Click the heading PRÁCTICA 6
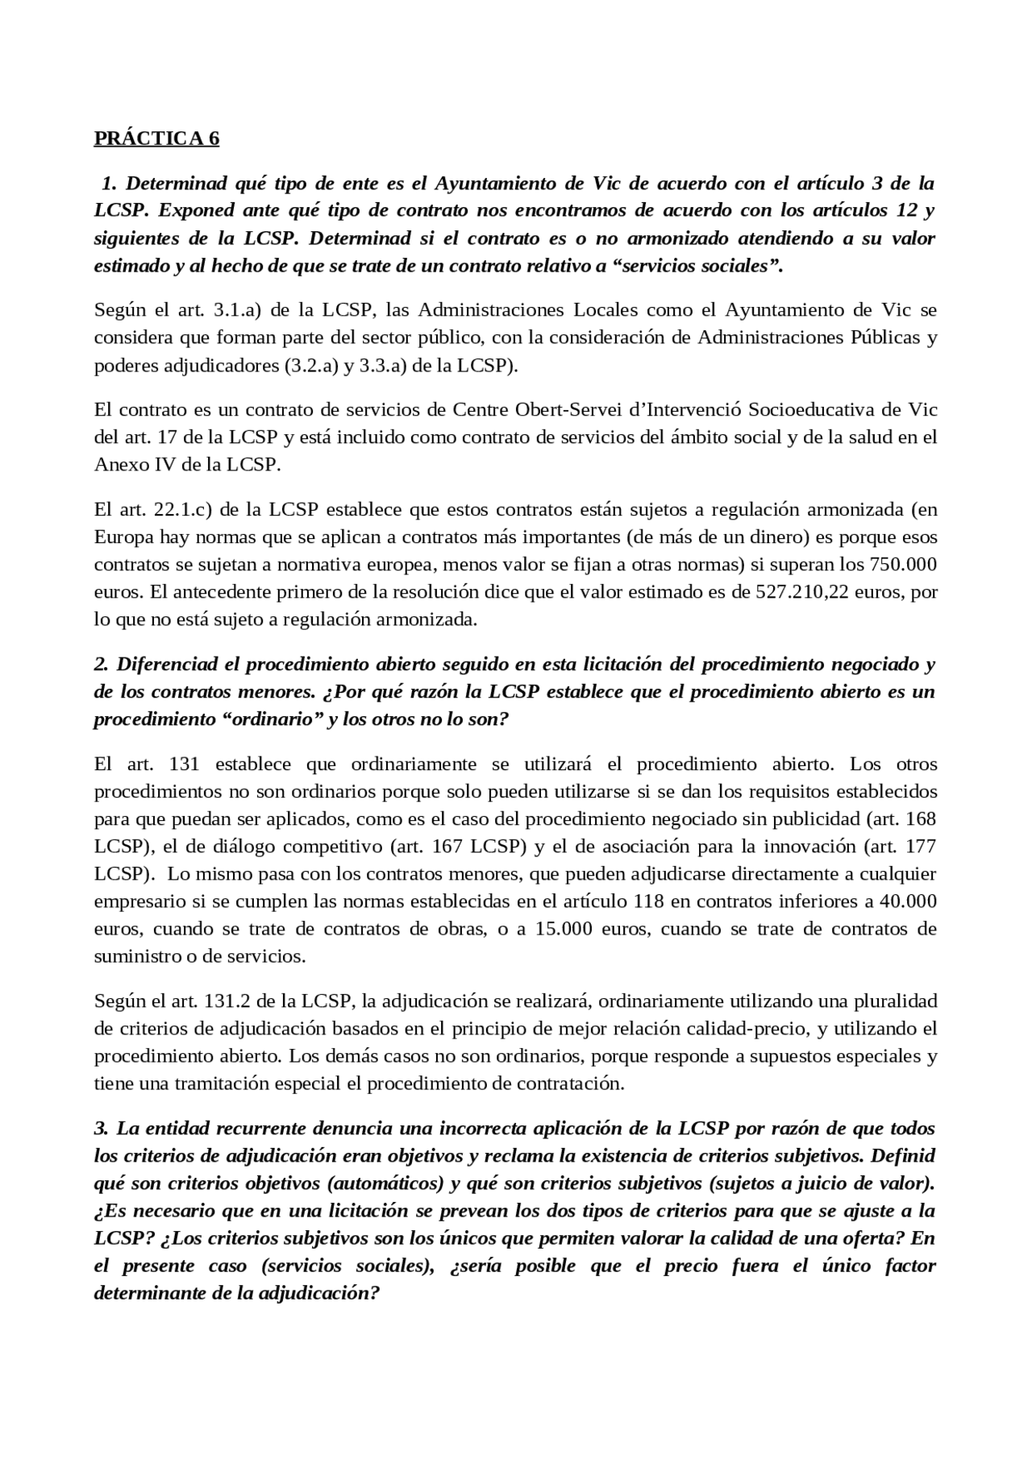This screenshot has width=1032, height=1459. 156,139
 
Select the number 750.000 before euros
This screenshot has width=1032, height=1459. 905,565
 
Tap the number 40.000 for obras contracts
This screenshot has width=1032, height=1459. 905,902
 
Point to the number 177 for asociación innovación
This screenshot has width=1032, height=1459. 922,847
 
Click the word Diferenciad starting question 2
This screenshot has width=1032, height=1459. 167,665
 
